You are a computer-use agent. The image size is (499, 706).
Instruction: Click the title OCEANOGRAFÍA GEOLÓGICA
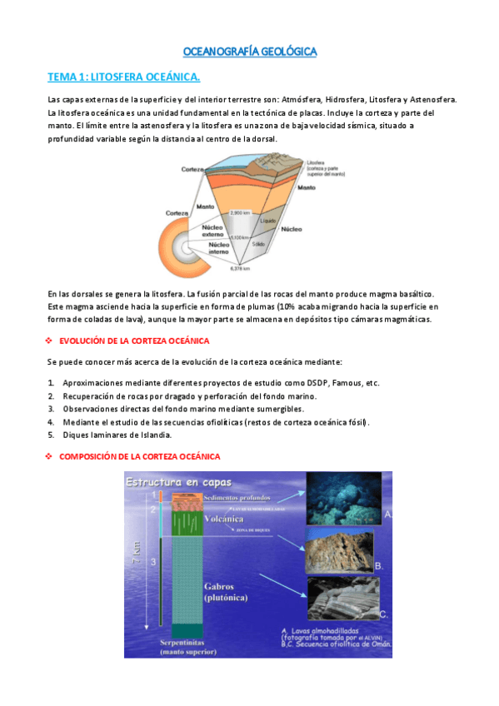tap(249, 52)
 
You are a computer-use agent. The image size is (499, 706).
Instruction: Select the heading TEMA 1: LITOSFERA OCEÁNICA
tap(123, 77)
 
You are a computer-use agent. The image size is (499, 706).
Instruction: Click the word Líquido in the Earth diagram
tap(267, 221)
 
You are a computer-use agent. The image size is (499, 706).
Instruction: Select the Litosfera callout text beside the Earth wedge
tap(325, 169)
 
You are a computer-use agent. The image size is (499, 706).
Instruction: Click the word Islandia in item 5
tap(154, 435)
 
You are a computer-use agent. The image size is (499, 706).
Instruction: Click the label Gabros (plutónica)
tap(226, 591)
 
